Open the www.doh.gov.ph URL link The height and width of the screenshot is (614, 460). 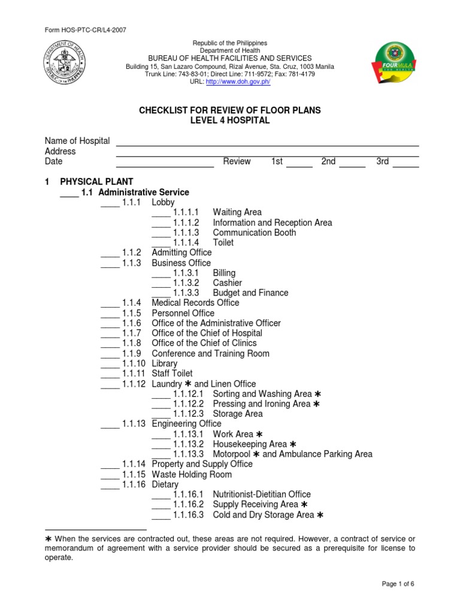click(238, 82)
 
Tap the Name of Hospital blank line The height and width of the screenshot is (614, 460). click(267, 142)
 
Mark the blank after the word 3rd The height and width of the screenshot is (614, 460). click(405, 162)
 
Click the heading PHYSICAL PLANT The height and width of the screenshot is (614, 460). click(96, 182)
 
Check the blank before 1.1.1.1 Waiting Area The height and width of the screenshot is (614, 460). click(161, 213)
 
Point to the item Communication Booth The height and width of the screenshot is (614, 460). click(254, 233)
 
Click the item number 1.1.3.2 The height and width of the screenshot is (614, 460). click(186, 283)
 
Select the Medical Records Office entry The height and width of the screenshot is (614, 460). click(195, 303)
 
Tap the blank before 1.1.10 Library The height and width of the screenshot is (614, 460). click(110, 364)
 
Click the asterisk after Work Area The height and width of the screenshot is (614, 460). click(259, 434)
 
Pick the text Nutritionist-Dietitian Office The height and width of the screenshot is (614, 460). click(262, 495)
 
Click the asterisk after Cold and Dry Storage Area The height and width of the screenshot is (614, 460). click(320, 515)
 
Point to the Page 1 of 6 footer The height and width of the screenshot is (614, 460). click(397, 601)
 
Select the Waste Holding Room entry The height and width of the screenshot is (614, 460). click(192, 474)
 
